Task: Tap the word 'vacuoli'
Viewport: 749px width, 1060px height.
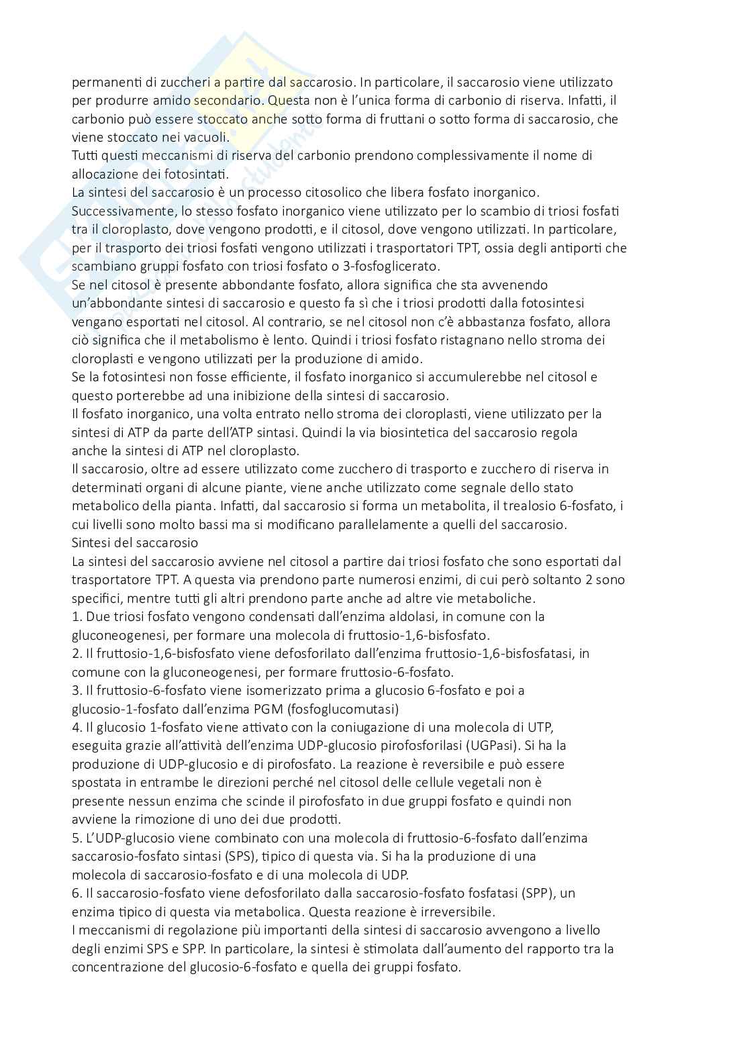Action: [x=206, y=138]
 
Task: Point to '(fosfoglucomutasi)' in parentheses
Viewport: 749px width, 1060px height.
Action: [x=354, y=708]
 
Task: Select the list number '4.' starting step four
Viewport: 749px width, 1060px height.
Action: [x=77, y=727]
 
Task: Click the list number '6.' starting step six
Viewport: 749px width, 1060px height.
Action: [x=77, y=893]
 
